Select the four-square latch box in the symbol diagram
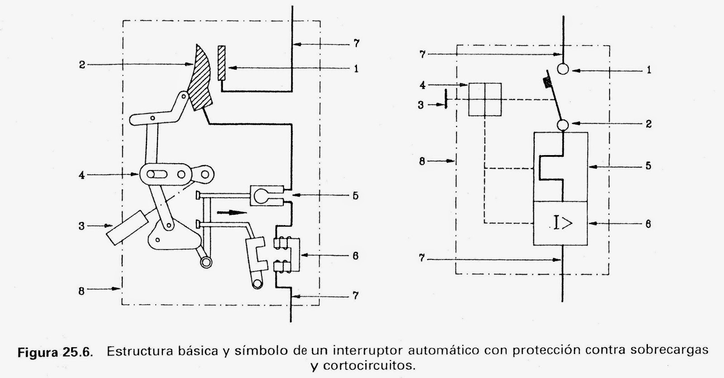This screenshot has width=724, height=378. coord(485,99)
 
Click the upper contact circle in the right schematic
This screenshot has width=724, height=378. coord(562,69)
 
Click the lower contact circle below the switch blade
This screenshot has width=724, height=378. coord(562,124)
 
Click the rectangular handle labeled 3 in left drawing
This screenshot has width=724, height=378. coord(127,228)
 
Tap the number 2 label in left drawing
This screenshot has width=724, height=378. coord(82,65)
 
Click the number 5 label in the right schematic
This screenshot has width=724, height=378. coord(648,166)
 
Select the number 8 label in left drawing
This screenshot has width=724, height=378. coord(81,291)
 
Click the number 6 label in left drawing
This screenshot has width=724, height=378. coord(355,255)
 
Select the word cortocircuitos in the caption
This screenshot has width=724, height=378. coord(362,365)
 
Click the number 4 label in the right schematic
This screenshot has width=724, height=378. coord(422,85)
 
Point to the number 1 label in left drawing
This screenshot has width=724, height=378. coord(356,69)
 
